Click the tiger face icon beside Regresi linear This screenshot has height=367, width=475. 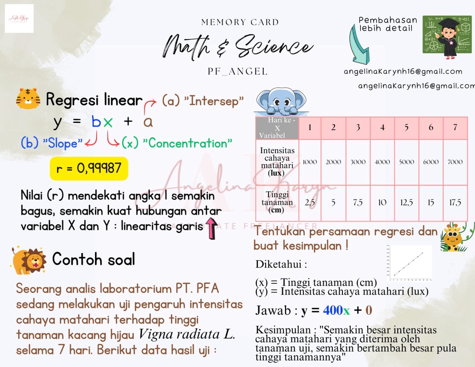coord(28,99)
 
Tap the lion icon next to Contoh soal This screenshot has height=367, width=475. coord(29,261)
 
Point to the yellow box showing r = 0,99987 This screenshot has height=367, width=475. coord(89,169)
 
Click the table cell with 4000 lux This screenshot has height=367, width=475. coord(382,162)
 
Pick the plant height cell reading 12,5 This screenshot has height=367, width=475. coord(406,203)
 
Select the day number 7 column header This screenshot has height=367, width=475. coord(455,127)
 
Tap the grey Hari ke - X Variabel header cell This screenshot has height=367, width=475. coord(277,128)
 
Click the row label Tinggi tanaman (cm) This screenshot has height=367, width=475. coord(277,203)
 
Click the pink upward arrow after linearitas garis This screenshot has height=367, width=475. coord(212,229)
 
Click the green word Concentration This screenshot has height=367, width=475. coord(188,144)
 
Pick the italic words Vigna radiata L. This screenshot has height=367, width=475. coord(187,334)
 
